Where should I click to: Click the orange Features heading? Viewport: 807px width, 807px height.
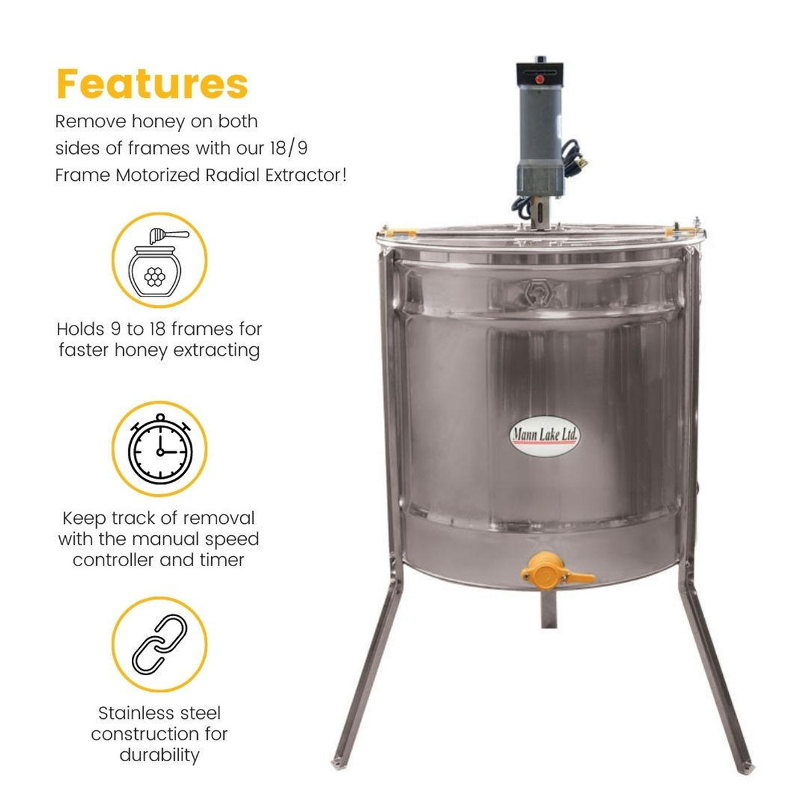click(152, 83)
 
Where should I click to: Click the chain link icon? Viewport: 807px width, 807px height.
click(159, 644)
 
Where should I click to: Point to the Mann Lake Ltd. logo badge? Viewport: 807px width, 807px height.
click(543, 435)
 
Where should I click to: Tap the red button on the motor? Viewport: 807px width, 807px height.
click(538, 79)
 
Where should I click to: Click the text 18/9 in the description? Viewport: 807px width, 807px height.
click(288, 148)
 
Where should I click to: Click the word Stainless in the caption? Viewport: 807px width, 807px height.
click(130, 713)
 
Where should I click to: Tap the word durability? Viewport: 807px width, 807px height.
click(159, 755)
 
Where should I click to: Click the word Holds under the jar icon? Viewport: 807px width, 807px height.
click(80, 330)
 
